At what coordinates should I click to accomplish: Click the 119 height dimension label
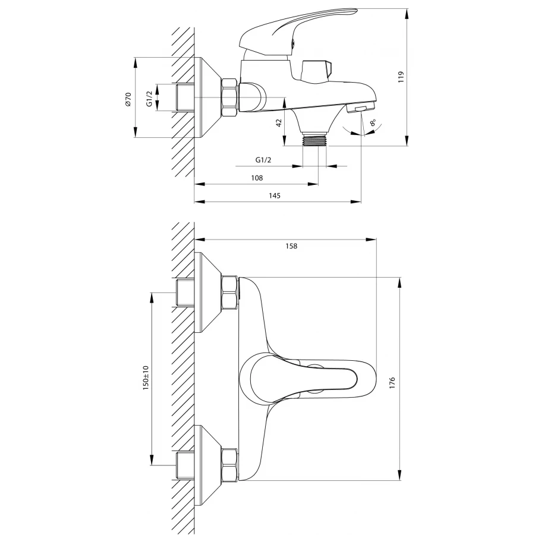click(401, 77)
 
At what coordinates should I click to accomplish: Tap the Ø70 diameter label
click(128, 99)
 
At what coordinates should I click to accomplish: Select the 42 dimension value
click(279, 123)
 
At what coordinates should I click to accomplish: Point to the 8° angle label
click(373, 122)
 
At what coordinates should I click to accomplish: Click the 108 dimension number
click(257, 178)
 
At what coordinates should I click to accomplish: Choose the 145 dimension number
click(275, 196)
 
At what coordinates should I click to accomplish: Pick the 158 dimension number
click(291, 246)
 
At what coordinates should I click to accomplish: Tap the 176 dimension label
click(392, 383)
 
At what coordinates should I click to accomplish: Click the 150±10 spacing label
click(146, 377)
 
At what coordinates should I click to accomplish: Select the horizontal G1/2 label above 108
click(263, 160)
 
